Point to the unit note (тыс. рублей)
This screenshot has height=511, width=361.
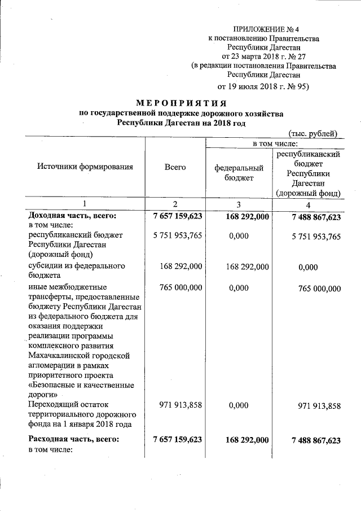coord(313,134)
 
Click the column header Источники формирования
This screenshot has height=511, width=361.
coord(85,167)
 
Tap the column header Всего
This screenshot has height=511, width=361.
coord(175,167)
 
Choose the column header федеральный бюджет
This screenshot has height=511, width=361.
coord(239,173)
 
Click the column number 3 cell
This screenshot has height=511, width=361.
coord(239,203)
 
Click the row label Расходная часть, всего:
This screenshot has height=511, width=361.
coord(74,439)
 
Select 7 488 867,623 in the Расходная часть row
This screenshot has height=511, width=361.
coord(309,440)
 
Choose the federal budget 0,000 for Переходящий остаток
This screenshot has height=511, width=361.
coord(239,405)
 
